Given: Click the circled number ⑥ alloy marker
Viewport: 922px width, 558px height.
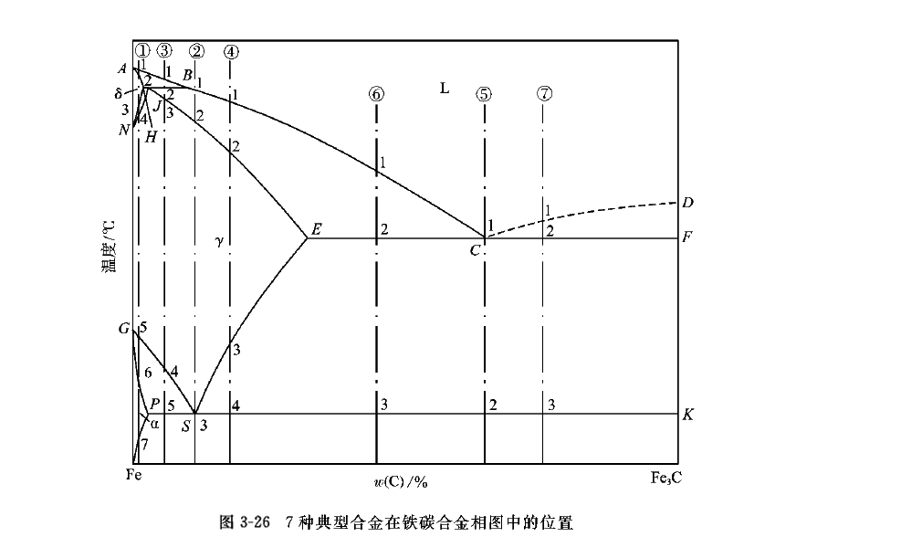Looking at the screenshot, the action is coord(377,93).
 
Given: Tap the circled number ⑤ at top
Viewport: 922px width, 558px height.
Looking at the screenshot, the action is coord(484,93).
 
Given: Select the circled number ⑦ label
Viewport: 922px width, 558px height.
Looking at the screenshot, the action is coord(544,93).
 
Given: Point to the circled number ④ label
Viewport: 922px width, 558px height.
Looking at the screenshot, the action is coord(231,51).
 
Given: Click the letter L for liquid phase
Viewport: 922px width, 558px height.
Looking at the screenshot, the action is coord(445,89).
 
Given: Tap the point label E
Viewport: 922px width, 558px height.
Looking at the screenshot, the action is coord(316,229).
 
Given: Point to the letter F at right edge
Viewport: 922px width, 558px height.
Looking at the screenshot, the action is coord(687,237).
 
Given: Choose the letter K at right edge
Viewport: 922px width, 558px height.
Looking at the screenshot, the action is coord(687,414).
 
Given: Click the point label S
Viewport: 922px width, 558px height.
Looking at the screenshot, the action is coord(185,426).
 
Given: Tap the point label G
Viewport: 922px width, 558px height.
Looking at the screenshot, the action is coord(123,329).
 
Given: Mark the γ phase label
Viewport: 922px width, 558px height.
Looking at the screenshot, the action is coord(219,241).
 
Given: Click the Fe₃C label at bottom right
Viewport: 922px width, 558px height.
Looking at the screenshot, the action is coord(665,477).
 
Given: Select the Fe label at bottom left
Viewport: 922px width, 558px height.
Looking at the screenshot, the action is coord(134,475).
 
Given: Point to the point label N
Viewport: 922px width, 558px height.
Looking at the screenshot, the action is coord(124,130).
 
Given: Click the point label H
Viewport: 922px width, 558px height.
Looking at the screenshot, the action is coord(151,137).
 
